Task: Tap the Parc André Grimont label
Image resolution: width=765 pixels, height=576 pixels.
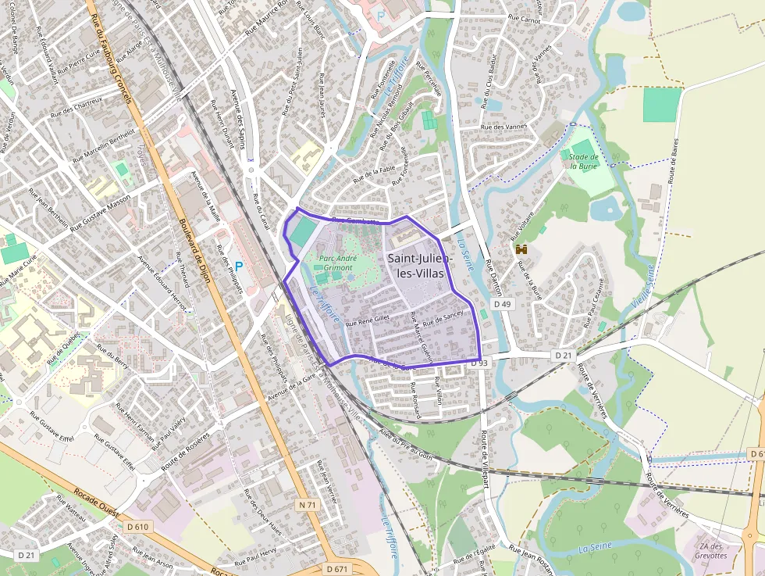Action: click(337, 263)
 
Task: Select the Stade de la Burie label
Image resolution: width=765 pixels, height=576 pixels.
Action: click(583, 161)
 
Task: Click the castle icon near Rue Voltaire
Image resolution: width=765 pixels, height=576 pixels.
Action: click(521, 249)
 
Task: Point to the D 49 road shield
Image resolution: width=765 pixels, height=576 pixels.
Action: click(502, 303)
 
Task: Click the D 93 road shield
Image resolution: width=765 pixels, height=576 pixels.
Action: click(479, 363)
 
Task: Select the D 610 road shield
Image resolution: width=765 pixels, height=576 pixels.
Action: click(137, 527)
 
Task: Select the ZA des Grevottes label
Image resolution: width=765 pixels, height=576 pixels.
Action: click(712, 550)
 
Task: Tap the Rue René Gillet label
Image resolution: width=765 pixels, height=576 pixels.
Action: click(367, 320)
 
